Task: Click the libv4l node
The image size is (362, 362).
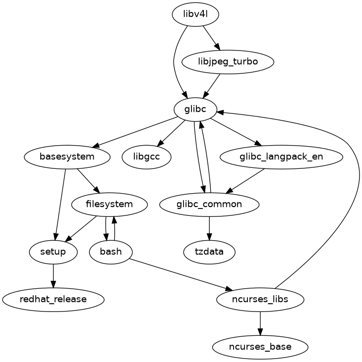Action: click(195, 14)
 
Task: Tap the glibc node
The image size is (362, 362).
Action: click(195, 109)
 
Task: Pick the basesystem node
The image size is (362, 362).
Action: click(67, 157)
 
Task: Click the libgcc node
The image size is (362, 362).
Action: click(147, 157)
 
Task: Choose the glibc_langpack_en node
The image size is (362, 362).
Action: click(281, 157)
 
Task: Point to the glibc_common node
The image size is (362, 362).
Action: click(209, 205)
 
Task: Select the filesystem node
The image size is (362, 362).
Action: click(109, 205)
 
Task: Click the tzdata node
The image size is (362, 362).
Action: click(209, 252)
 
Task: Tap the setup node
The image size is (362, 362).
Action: click(53, 252)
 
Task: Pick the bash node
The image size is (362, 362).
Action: click(111, 252)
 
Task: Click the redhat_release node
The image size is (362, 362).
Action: click(53, 300)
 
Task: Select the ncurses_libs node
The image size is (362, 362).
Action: click(260, 300)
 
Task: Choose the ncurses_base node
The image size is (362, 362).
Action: click(260, 347)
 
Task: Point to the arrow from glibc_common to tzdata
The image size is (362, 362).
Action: click(209, 228)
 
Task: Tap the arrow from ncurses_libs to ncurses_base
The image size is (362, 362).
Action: click(260, 323)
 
